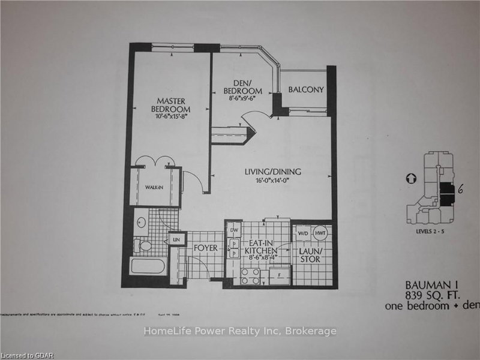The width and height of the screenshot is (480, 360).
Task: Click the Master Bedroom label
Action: click(x=170, y=106)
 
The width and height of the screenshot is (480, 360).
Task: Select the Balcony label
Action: click(x=306, y=90)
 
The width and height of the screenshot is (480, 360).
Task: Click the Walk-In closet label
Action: click(x=154, y=188)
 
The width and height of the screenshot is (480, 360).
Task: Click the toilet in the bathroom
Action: click(x=144, y=244)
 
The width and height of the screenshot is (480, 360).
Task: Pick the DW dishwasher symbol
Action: click(x=235, y=230)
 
